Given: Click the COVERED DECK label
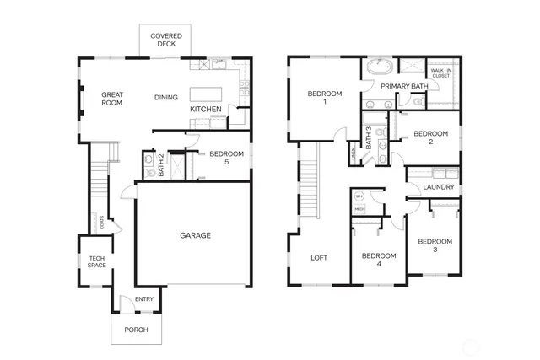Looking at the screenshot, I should [165, 40].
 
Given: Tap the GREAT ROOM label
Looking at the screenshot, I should [112, 98].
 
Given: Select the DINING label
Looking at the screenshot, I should [166, 98].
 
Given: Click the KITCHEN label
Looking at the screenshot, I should [206, 110].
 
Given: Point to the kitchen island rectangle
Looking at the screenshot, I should [206, 94].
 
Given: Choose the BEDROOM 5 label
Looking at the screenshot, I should [226, 159].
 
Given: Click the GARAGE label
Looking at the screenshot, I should [195, 235].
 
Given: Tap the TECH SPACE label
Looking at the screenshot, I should [96, 261].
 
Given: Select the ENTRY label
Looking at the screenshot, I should [144, 299].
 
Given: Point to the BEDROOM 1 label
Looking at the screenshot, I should [324, 98].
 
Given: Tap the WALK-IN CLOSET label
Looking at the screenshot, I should [441, 73].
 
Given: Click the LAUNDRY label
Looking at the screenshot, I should [439, 187].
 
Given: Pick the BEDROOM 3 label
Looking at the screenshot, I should [435, 245].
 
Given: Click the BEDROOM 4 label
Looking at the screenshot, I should [379, 260].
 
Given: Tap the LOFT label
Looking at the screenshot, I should [319, 258].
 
